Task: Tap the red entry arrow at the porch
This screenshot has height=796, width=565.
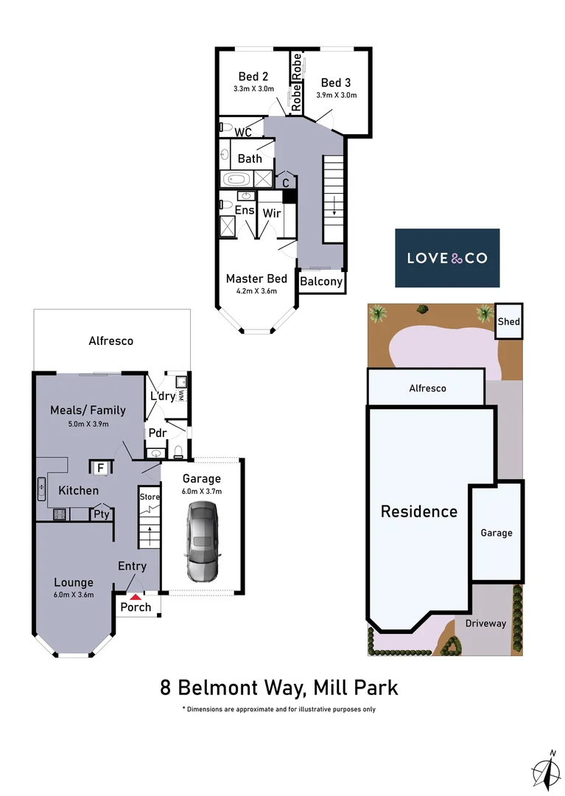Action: point(136,596)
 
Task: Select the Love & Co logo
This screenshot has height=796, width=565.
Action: point(447,258)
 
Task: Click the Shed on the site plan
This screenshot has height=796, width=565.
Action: point(508,321)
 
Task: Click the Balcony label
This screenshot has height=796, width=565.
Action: point(321,282)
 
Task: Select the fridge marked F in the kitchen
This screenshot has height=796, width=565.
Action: point(100,467)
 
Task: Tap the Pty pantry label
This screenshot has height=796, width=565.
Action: point(101,514)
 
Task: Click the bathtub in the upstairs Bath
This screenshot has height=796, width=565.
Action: point(236,178)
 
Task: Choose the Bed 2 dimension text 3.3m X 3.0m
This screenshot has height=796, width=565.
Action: point(253,89)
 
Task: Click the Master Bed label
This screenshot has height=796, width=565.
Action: point(256,279)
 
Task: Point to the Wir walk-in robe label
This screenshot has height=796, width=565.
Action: point(271,212)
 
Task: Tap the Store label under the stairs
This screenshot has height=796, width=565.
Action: point(150,497)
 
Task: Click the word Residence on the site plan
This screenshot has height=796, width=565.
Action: point(418,512)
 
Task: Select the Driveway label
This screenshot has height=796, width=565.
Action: point(485,623)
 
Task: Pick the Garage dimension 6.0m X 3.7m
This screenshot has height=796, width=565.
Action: point(201,492)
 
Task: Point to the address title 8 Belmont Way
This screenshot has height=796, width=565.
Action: point(279,688)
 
